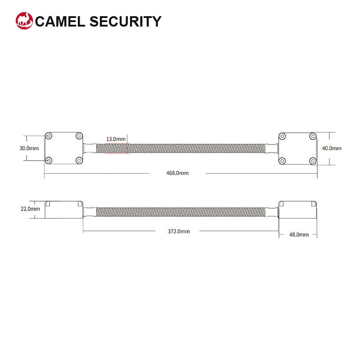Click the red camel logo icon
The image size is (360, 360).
24,21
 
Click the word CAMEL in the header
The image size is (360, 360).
61,22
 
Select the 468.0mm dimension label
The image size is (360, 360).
177,173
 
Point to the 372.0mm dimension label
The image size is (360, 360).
179,231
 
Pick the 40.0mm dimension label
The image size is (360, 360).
332,148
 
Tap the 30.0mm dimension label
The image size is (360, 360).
29,148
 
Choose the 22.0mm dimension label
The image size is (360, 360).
30,209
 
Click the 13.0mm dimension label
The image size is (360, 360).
116,139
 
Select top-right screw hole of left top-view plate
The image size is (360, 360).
79,135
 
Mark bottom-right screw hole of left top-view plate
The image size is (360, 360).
79,160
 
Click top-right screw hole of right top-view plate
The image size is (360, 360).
313,135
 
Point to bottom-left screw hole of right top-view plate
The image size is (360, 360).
283,160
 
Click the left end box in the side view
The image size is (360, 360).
64,210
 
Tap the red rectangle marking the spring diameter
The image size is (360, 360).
117,148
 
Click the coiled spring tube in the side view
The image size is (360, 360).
180,210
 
